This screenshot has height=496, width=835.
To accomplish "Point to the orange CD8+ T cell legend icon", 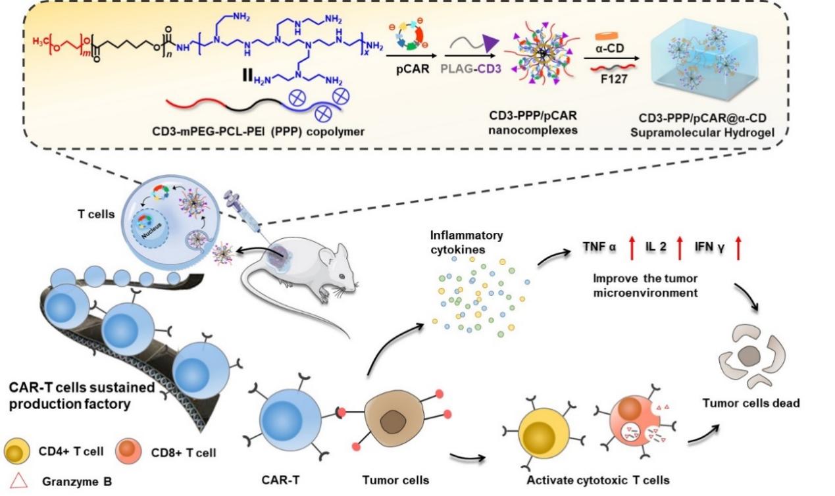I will tap(130, 453).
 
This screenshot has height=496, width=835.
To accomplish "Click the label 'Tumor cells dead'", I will tap(751, 403).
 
